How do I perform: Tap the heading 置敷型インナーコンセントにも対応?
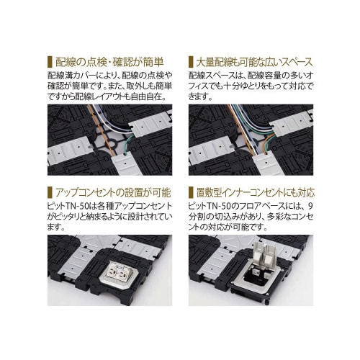[260, 194]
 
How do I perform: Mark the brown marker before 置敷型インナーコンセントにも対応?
[190, 194]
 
